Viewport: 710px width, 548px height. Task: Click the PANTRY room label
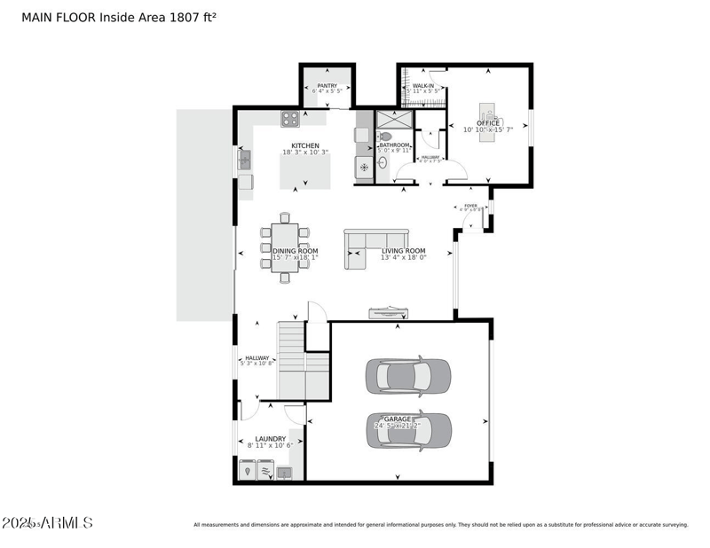[x=327, y=86]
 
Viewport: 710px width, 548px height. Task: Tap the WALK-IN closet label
[x=423, y=86]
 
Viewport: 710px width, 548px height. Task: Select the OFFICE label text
[x=488, y=123]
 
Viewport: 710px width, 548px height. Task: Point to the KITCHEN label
[x=305, y=146]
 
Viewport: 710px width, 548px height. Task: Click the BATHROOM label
[x=395, y=145]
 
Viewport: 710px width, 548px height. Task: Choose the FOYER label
[x=470, y=207]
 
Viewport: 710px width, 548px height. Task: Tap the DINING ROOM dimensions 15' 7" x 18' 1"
[x=295, y=258]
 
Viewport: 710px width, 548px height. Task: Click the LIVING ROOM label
[x=404, y=251]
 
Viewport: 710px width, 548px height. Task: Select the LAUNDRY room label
[x=270, y=439]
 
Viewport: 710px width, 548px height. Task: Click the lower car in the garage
[x=408, y=431]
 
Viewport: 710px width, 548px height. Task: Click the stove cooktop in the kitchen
[x=289, y=118]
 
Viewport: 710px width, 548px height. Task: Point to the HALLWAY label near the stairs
[x=257, y=358]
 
